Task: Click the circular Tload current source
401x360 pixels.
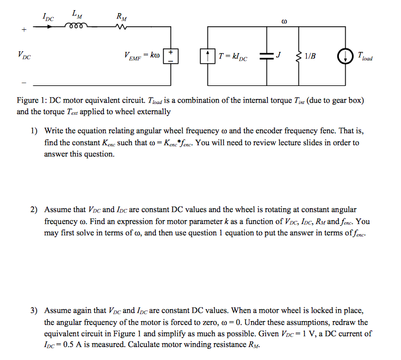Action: click(347, 56)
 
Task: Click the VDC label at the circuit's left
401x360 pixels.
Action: click(25, 57)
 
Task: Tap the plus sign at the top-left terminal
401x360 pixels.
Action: click(23, 28)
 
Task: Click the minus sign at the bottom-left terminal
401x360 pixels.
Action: click(24, 82)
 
